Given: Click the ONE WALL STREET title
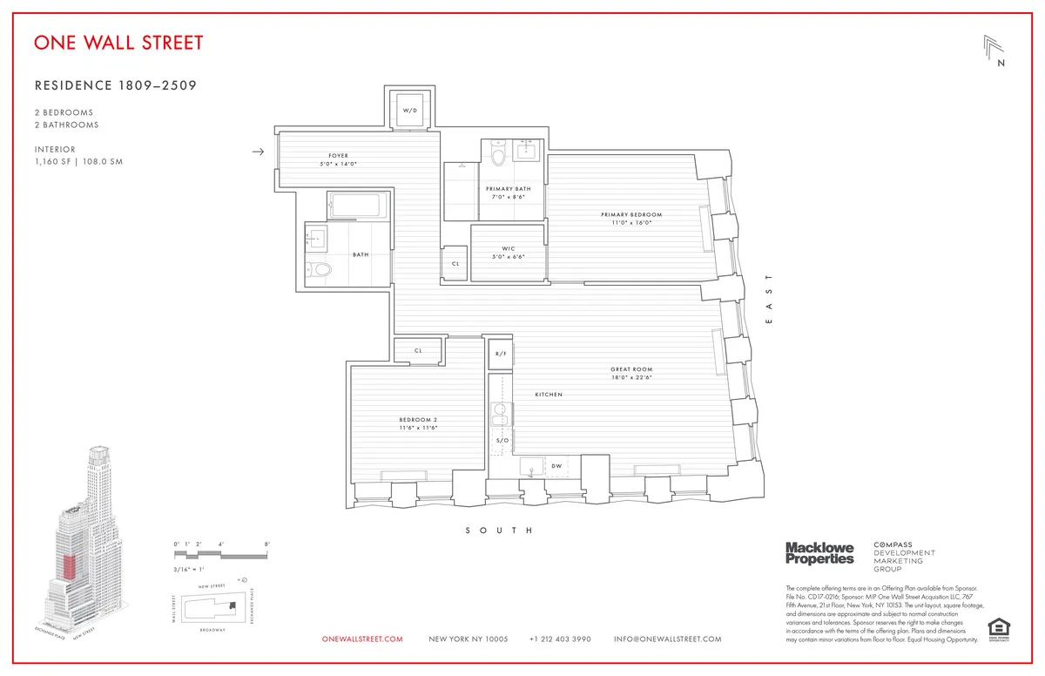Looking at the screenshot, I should pyautogui.click(x=118, y=43).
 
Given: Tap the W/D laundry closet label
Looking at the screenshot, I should pyautogui.click(x=408, y=110).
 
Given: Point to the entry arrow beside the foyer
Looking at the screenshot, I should pyautogui.click(x=257, y=152).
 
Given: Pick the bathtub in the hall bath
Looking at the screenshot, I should pyautogui.click(x=356, y=207).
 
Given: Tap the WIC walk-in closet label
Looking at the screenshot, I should pyautogui.click(x=509, y=250).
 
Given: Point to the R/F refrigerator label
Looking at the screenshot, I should pyautogui.click(x=501, y=354).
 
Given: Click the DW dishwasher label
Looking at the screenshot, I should pyautogui.click(x=556, y=466).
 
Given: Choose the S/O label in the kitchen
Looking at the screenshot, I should pyautogui.click(x=502, y=441).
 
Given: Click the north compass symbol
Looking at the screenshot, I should pyautogui.click(x=994, y=51).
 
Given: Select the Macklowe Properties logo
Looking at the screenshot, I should pyautogui.click(x=819, y=553).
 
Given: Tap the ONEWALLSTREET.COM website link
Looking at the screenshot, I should pyautogui.click(x=362, y=639).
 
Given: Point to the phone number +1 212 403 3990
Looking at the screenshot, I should pyautogui.click(x=560, y=639).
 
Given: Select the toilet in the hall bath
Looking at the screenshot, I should pyautogui.click(x=321, y=270).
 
